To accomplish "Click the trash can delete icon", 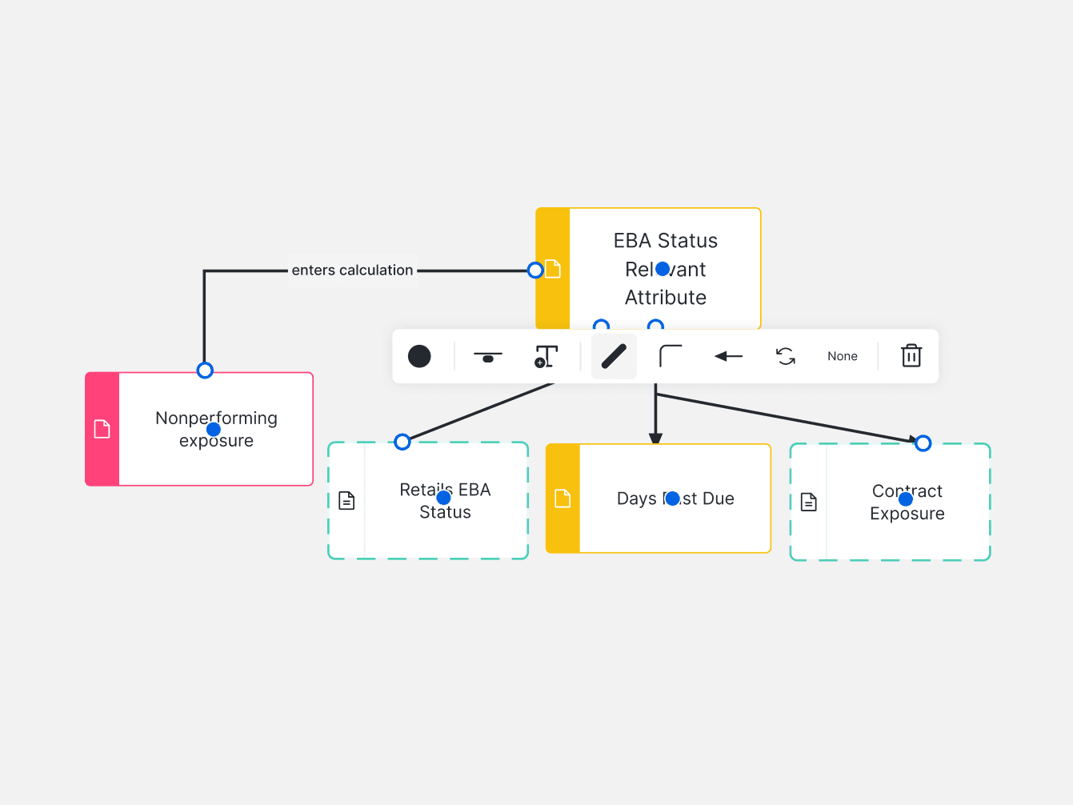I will pyautogui.click(x=911, y=356).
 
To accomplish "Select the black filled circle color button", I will pyautogui.click(x=419, y=356).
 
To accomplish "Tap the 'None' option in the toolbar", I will pyautogui.click(x=843, y=356).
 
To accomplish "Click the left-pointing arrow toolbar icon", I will pyautogui.click(x=728, y=356).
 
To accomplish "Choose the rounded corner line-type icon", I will pyautogui.click(x=671, y=356).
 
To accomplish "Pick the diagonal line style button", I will pyautogui.click(x=614, y=356).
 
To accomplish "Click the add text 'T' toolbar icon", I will pyautogui.click(x=546, y=356).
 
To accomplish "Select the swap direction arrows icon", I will pyautogui.click(x=786, y=356).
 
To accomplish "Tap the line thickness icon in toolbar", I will pyautogui.click(x=488, y=356).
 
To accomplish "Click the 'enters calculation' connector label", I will pyautogui.click(x=352, y=270).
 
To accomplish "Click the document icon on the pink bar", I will pyautogui.click(x=102, y=429).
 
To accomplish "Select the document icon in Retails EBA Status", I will pyautogui.click(x=346, y=501).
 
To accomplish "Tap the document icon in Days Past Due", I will pyautogui.click(x=563, y=499).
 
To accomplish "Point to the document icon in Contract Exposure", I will pyautogui.click(x=809, y=503).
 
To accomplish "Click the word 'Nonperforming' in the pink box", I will pyautogui.click(x=216, y=418).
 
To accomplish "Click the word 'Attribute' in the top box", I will pyautogui.click(x=666, y=298).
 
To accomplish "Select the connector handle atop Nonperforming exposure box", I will pyautogui.click(x=205, y=370).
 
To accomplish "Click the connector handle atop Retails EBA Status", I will pyautogui.click(x=402, y=442).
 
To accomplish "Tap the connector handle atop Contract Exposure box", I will pyautogui.click(x=923, y=443).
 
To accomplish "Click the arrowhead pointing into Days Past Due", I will pyautogui.click(x=656, y=439).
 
